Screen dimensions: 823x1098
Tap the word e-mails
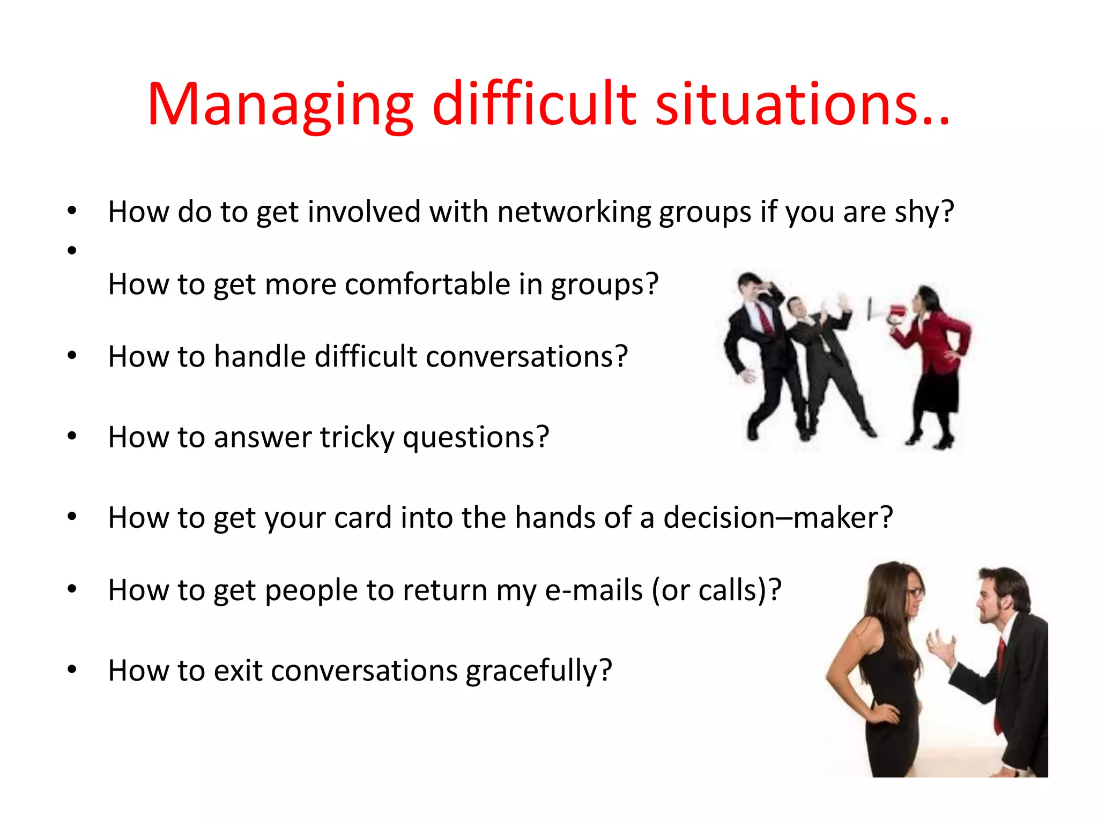(x=593, y=590)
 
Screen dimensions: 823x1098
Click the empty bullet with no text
(x=72, y=250)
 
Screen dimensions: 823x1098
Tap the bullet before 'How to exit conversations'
(x=72, y=670)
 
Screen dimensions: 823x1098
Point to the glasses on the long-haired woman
(x=915, y=593)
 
